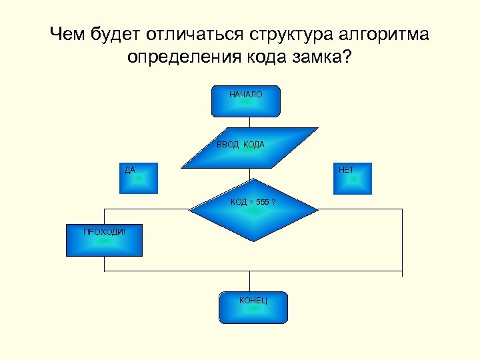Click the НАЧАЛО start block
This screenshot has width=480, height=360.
click(x=246, y=101)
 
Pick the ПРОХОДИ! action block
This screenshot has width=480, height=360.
click(x=104, y=241)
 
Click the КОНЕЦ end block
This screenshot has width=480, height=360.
click(x=253, y=307)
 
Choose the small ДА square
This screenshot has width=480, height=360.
click(x=139, y=178)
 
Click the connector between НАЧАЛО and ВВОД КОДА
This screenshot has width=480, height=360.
click(x=249, y=122)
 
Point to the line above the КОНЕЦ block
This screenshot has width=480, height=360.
click(x=250, y=281)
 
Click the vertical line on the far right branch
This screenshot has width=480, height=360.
click(x=402, y=240)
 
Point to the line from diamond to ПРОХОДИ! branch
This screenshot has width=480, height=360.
click(x=147, y=209)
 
